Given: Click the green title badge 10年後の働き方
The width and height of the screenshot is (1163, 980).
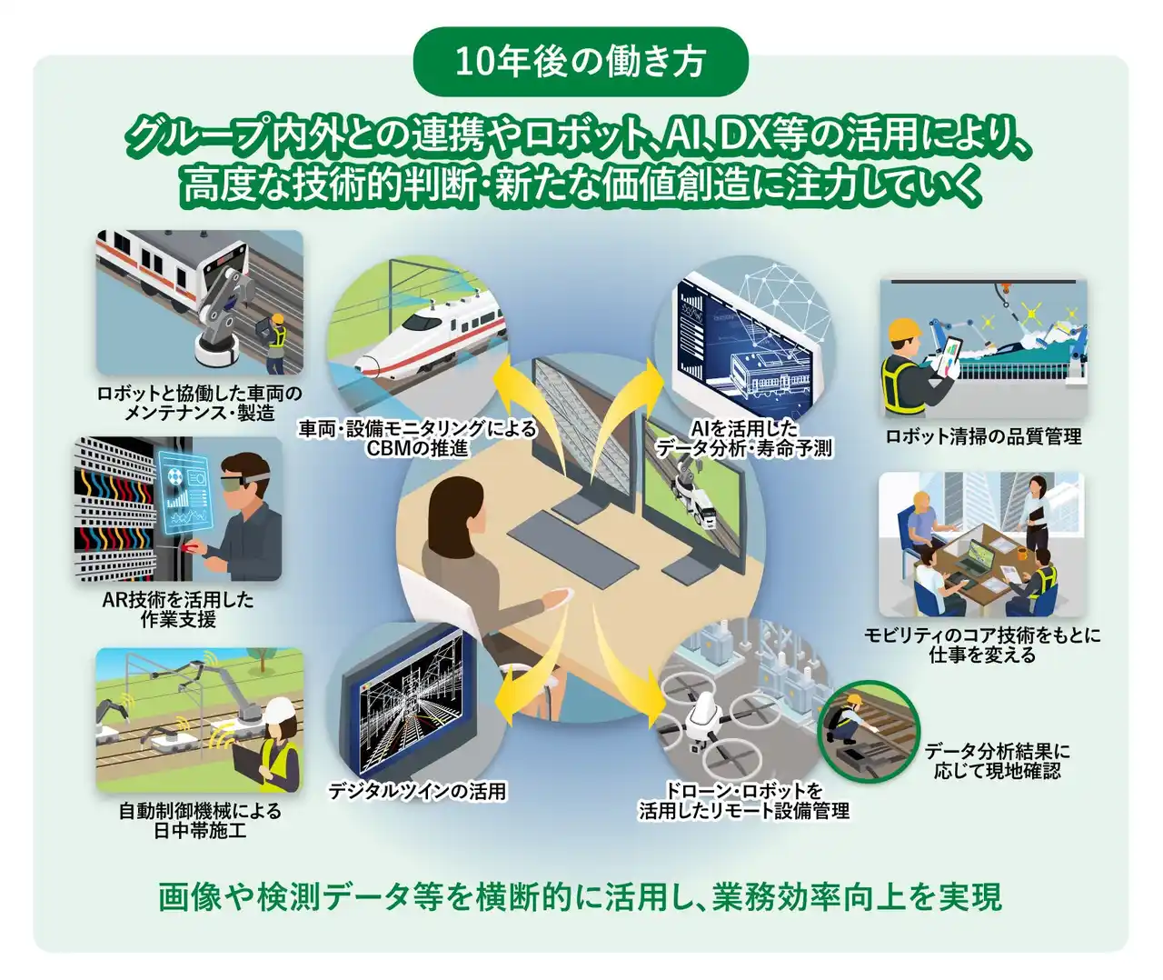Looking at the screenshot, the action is (581, 62).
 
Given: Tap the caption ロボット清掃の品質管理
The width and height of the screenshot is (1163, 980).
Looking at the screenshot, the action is (983, 436).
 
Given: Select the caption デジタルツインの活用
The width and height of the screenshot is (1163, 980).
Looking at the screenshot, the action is (417, 791).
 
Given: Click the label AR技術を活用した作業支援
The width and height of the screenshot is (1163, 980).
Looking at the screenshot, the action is (178, 609).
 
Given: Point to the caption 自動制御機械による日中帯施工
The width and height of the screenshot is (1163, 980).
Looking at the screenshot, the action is (199, 821).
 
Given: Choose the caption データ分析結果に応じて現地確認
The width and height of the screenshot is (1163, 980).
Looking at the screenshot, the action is (998, 760).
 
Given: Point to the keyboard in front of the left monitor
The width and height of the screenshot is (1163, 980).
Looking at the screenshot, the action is (573, 543).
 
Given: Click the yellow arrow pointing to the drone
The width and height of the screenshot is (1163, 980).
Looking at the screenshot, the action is (624, 664).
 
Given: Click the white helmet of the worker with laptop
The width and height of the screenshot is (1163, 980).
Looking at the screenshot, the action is (281, 711).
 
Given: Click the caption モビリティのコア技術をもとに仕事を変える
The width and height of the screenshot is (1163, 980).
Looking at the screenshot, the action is (982, 645).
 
